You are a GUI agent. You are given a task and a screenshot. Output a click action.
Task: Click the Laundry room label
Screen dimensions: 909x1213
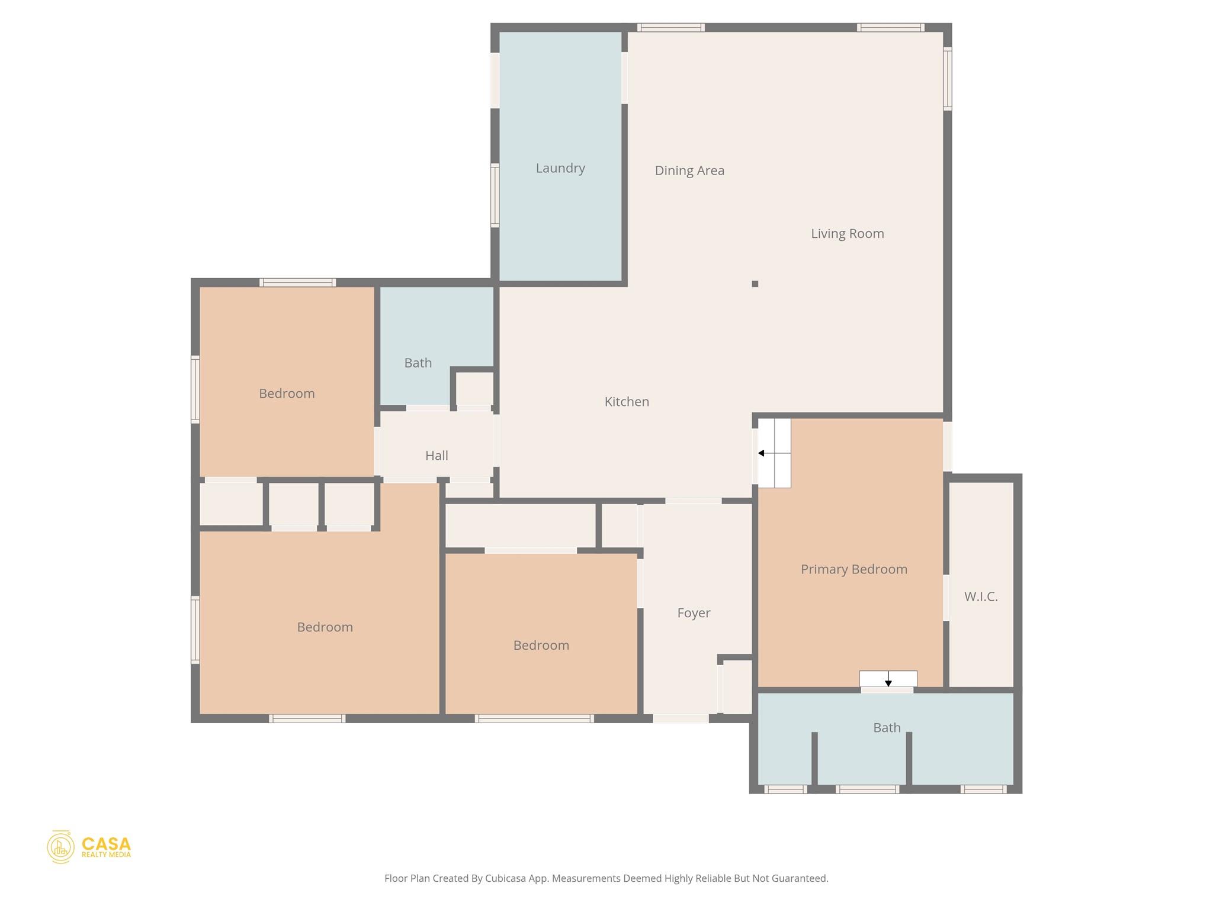click(x=560, y=168)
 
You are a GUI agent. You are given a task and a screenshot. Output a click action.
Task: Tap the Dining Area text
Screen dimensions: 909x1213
click(x=689, y=170)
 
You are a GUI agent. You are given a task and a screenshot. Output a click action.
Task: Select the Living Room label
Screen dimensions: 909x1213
click(x=847, y=234)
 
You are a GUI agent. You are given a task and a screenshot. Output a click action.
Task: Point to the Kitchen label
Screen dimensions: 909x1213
click(x=627, y=402)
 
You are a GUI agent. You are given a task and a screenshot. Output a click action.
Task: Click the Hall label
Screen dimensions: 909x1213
click(x=437, y=456)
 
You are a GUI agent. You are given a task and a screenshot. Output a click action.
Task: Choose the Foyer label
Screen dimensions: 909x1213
click(x=694, y=613)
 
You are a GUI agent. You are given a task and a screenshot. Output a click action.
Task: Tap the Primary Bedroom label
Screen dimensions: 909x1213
click(x=853, y=569)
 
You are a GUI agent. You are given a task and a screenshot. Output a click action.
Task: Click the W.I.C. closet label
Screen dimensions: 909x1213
click(x=981, y=597)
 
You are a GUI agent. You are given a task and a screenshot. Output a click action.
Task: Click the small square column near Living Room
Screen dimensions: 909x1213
click(x=755, y=284)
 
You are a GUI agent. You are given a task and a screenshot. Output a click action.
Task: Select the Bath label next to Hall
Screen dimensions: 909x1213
click(x=418, y=363)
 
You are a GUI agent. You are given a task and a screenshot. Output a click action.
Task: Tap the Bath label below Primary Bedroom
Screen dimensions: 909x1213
click(x=887, y=728)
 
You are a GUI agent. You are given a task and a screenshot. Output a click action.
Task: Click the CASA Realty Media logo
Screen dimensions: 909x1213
click(x=89, y=847)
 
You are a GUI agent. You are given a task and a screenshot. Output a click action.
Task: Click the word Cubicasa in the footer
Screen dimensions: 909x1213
click(x=506, y=878)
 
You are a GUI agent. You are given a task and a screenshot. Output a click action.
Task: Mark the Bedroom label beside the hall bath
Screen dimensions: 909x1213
click(x=287, y=394)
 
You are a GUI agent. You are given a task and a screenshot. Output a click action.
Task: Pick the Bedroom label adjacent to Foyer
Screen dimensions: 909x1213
click(x=541, y=646)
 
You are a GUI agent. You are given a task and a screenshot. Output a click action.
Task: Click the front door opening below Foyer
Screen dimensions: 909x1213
click(x=681, y=718)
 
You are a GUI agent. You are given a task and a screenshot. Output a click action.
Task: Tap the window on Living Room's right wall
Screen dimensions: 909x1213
click(x=947, y=79)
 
